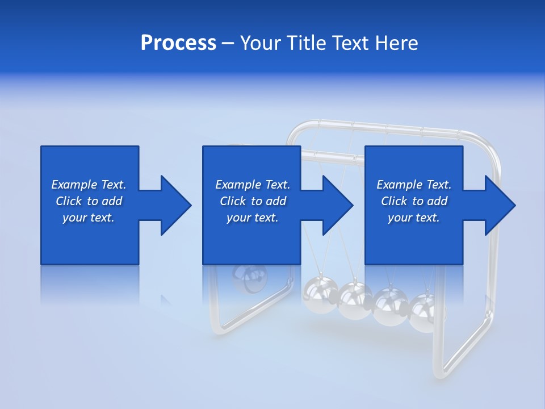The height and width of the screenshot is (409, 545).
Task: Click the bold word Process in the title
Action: (x=178, y=43)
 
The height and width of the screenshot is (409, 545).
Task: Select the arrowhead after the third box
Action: (x=499, y=205)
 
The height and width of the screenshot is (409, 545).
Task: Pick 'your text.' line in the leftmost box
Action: (x=89, y=218)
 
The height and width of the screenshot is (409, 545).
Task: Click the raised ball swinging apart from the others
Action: (x=250, y=278)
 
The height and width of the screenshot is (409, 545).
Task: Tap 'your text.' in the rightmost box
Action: (x=414, y=218)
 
